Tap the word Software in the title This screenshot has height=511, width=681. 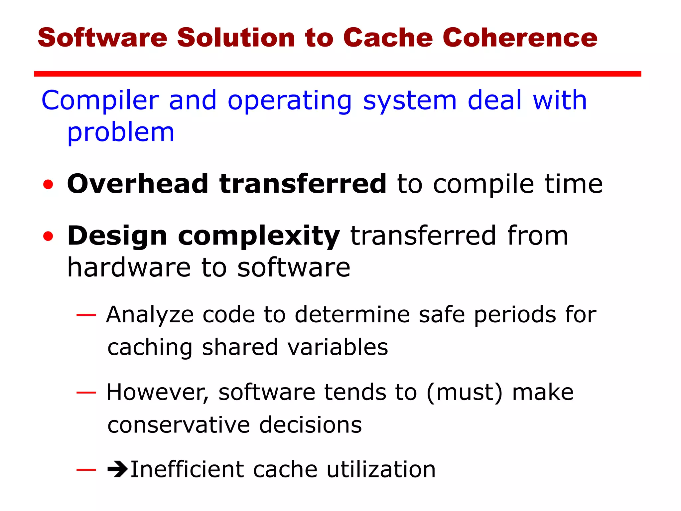pos(102,38)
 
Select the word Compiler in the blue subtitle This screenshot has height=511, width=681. pos(100,101)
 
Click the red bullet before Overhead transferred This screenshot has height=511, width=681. pos(48,184)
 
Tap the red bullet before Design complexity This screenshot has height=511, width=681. pos(48,236)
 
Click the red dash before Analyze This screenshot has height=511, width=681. pos(86,315)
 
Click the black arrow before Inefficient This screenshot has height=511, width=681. pos(117,469)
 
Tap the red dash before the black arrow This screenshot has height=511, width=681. pos(86,470)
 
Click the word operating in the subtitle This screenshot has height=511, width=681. pos(290,101)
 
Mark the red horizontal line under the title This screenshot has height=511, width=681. pos(337,74)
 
